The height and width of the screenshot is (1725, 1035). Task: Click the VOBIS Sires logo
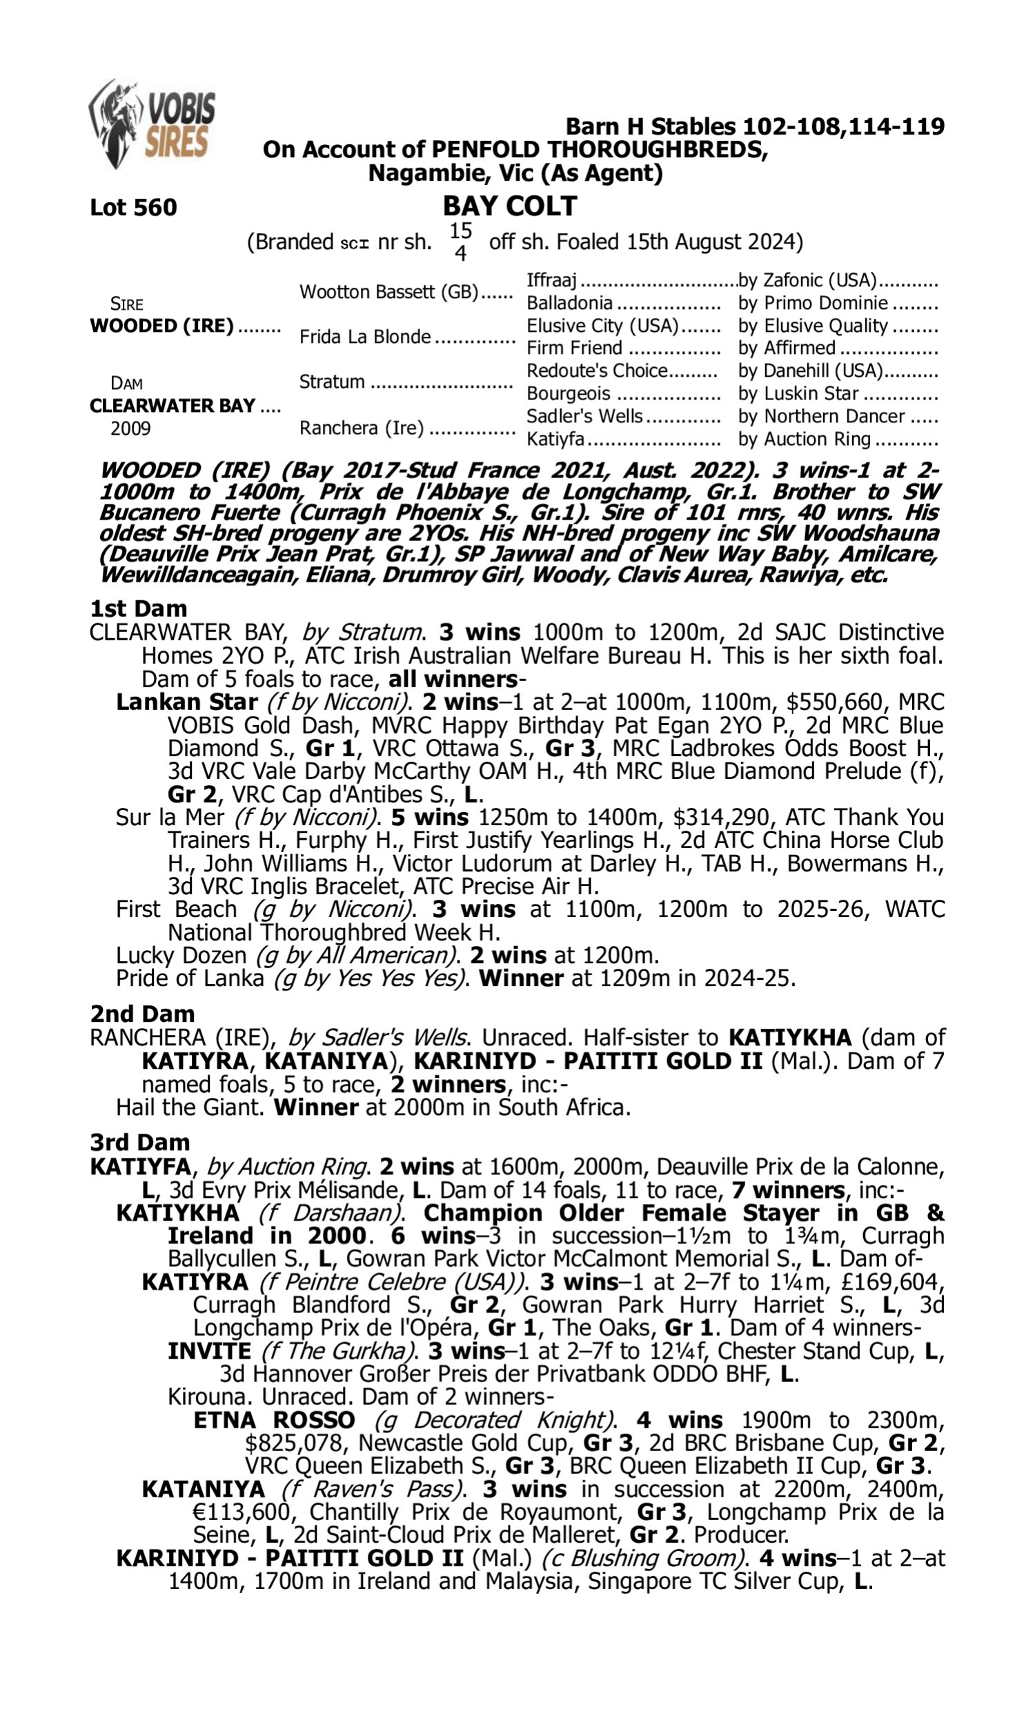[152, 124]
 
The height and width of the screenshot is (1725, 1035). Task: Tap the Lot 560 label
[133, 207]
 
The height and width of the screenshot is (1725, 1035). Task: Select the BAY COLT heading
[510, 206]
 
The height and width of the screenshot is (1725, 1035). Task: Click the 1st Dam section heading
[138, 609]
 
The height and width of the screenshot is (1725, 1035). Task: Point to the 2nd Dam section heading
[141, 1014]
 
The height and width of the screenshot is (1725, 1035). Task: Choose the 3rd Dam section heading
[139, 1142]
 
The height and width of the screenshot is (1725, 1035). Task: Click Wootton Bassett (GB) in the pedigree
[389, 291]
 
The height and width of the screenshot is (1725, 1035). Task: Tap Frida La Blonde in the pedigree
[365, 337]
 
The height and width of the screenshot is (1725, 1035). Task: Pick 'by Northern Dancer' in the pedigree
[822, 416]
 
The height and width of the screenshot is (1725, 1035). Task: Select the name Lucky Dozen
[181, 955]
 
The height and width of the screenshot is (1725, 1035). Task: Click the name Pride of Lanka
[190, 978]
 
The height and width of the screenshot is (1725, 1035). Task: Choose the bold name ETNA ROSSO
[274, 1420]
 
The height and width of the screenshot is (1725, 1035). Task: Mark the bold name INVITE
[208, 1351]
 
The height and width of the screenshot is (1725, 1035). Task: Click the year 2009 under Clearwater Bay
[130, 428]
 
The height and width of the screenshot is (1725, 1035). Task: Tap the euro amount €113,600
[241, 1512]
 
